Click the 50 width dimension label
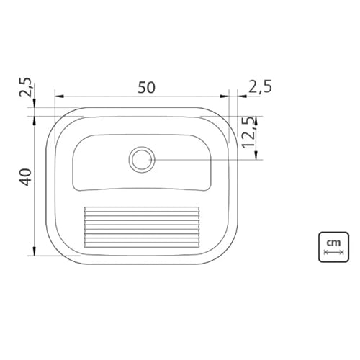click(x=147, y=87)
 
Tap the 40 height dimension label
click(x=25, y=177)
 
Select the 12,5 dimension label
click(x=248, y=132)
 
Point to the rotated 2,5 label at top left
click(x=26, y=87)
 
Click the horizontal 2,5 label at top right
click(x=260, y=86)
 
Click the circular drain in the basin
click(x=142, y=160)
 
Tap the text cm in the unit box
click(x=333, y=243)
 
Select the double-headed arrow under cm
click(x=334, y=252)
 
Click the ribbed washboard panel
click(x=142, y=227)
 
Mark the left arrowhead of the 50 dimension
click(x=59, y=96)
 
